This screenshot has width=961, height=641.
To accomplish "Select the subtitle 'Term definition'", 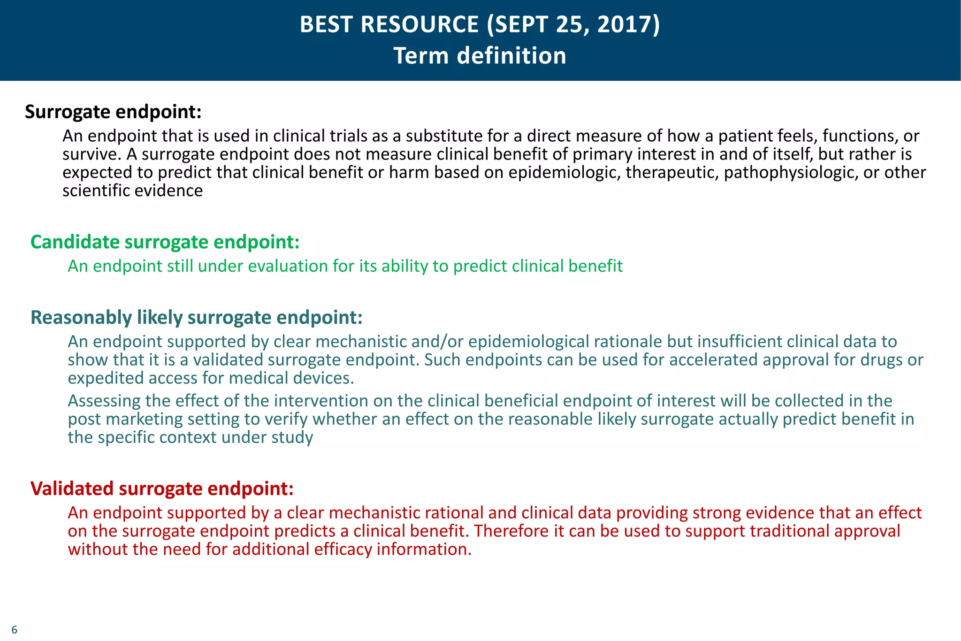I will tap(480, 56).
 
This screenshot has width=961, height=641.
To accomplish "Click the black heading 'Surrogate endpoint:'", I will tap(113, 112).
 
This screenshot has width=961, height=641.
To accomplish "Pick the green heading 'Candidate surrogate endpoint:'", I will tap(165, 242).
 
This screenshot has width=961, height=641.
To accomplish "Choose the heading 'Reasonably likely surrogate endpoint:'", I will tap(196, 318).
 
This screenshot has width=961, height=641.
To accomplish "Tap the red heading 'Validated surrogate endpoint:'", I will tap(162, 489).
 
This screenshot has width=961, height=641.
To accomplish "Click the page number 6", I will tap(14, 630).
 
